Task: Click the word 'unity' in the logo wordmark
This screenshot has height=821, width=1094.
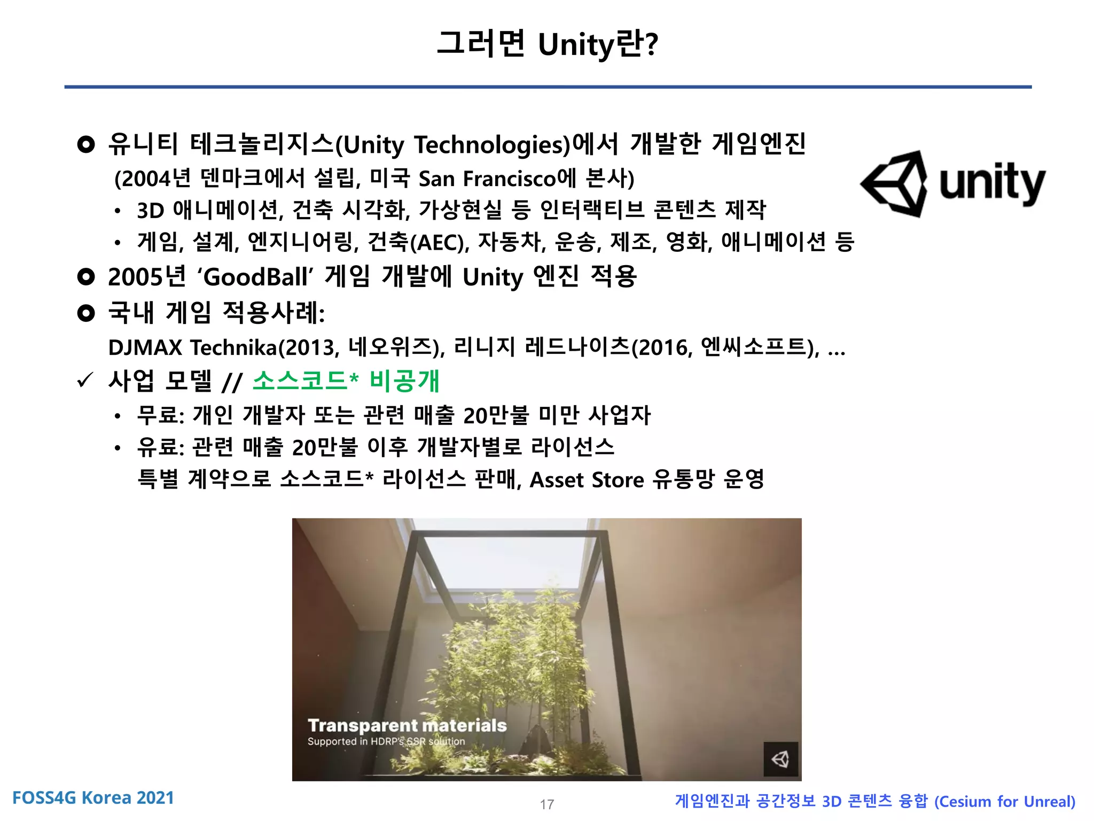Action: [x=991, y=183]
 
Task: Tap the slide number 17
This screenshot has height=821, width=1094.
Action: [x=546, y=804]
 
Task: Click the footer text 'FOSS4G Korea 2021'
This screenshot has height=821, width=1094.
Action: [x=93, y=797]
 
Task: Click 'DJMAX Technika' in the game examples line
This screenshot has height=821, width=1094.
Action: [x=193, y=348]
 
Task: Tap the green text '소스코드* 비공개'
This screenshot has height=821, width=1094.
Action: [x=346, y=381]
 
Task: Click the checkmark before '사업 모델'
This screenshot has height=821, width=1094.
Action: [x=85, y=381]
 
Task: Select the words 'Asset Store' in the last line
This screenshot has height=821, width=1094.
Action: [x=587, y=480]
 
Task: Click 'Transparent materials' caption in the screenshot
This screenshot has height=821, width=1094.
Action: [x=407, y=725]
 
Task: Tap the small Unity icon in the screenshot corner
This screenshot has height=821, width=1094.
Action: [x=780, y=759]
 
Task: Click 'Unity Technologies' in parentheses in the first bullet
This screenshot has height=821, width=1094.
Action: [x=454, y=145]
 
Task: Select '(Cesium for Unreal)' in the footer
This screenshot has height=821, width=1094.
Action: [x=1004, y=801]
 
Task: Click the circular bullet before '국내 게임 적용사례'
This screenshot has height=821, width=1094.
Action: [x=85, y=313]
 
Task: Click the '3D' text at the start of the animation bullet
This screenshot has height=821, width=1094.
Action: [x=150, y=211]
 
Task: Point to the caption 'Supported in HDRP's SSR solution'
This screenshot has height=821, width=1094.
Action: [x=386, y=741]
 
